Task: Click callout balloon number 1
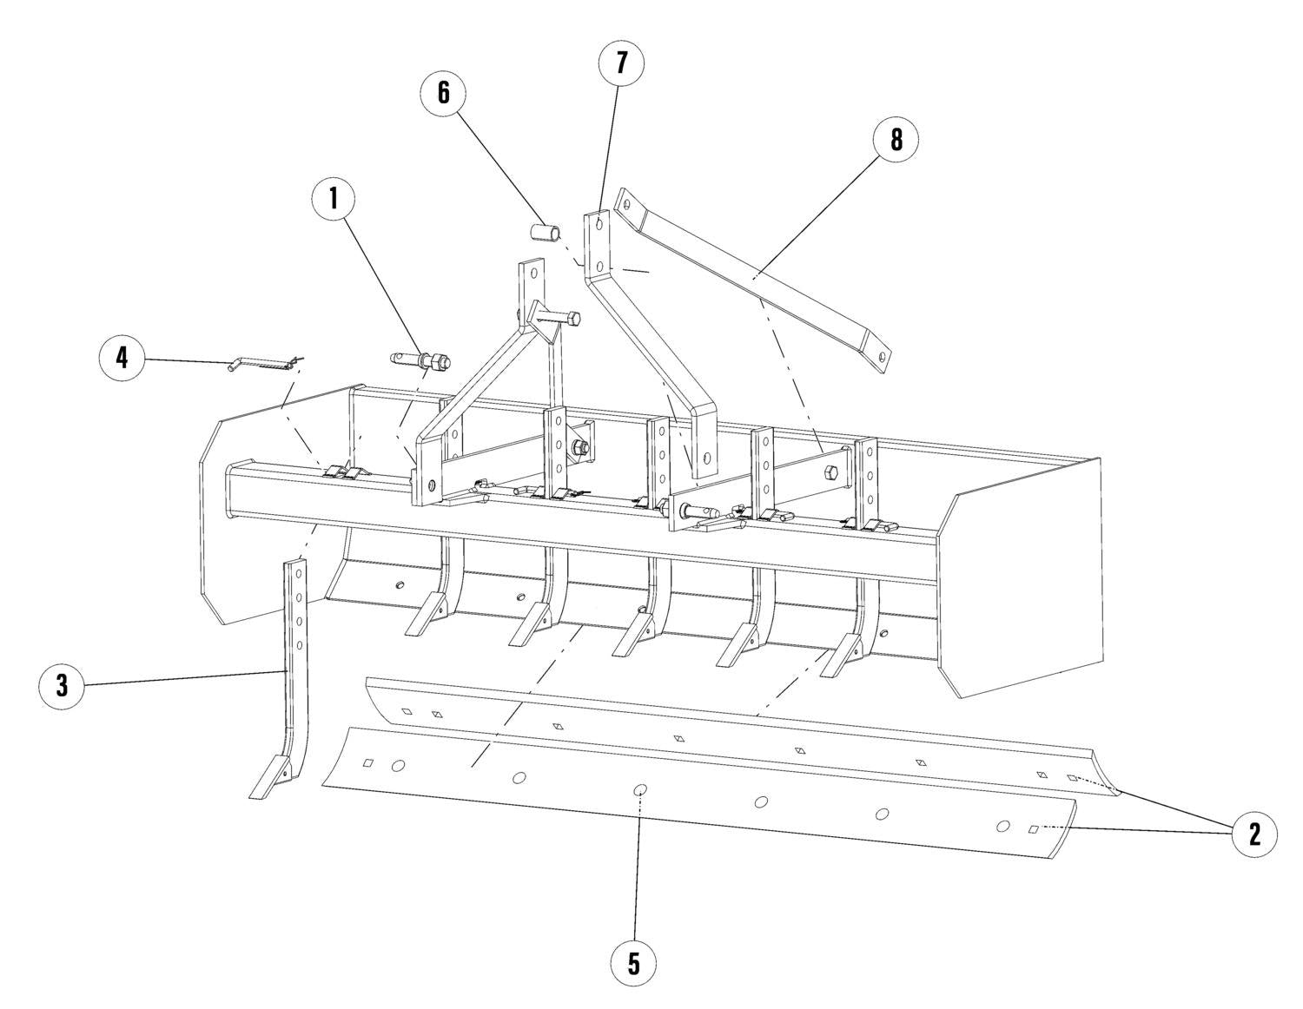click(x=334, y=199)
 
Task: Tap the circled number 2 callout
click(x=1254, y=834)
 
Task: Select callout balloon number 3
click(x=62, y=686)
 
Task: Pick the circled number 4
click(x=122, y=358)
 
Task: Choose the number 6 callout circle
click(x=443, y=92)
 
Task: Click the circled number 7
click(x=621, y=63)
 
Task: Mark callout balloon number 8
click(x=896, y=140)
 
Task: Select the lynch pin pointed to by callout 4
click(x=265, y=362)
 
